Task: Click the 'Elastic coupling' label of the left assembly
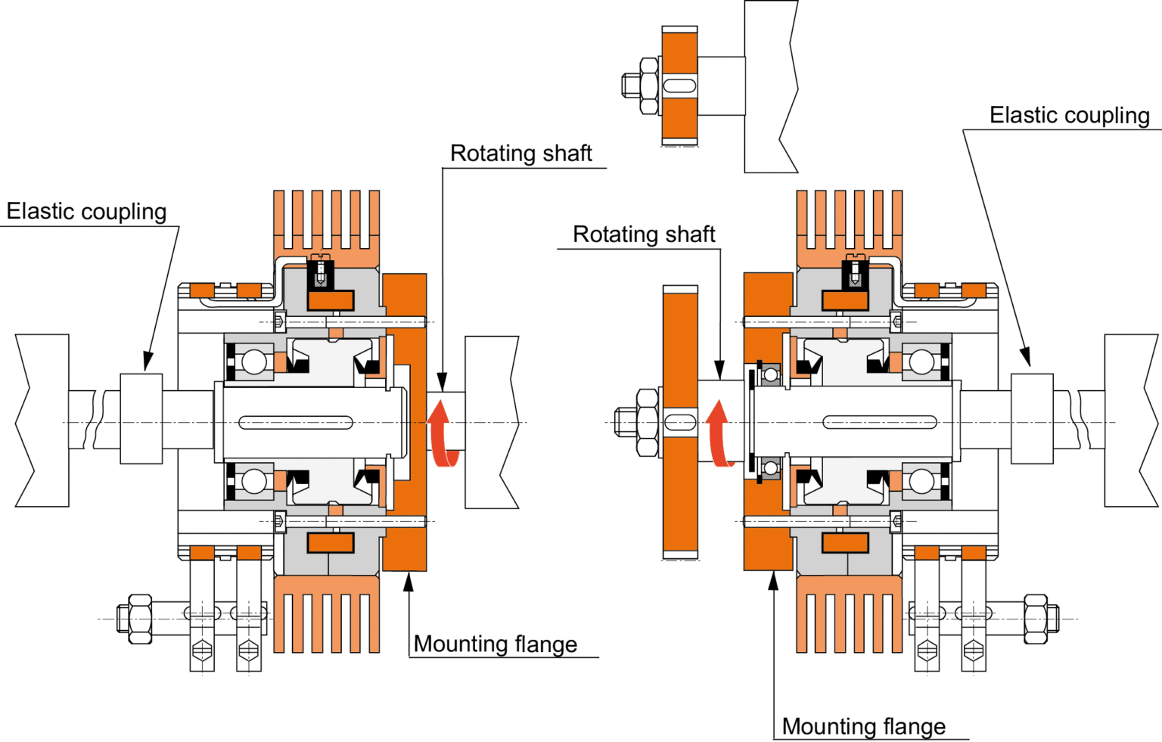point(86,211)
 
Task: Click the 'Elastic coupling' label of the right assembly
point(1069,116)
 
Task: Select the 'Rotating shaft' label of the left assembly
point(520,154)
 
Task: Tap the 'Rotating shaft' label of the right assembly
point(644,234)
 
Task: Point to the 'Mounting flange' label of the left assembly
point(496,644)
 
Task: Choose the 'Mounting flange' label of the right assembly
point(863,727)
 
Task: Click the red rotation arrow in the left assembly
point(442,436)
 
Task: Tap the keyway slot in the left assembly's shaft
point(296,422)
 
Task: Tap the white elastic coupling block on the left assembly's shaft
point(141,418)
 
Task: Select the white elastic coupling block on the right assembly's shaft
point(1032,418)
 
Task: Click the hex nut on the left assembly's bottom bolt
point(137,618)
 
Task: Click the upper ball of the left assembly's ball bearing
point(254,361)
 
